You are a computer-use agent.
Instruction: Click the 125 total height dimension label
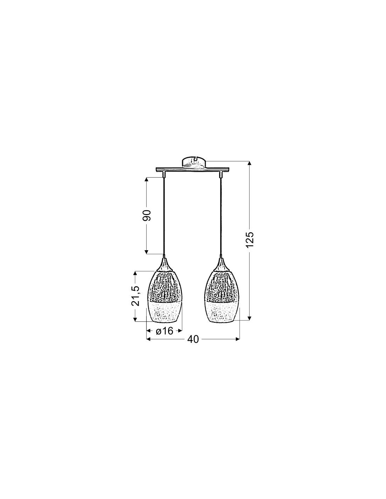pos(249,240)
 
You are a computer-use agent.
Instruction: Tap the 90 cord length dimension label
pos(146,215)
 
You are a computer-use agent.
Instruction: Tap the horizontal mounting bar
pos(192,170)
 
